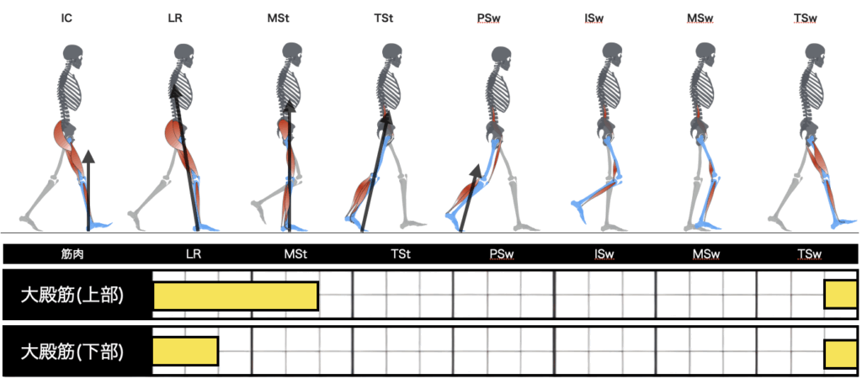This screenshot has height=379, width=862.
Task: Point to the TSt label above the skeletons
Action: (x=390, y=16)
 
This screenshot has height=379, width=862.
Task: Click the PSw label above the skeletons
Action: (x=498, y=16)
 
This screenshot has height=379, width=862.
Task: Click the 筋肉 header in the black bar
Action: (x=74, y=253)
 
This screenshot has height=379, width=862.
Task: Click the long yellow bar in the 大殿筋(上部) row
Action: (x=236, y=296)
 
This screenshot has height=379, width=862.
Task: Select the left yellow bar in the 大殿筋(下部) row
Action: (x=185, y=351)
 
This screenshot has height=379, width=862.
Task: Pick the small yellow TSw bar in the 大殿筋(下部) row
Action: (x=840, y=354)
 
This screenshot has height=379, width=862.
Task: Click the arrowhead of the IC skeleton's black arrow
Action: (x=88, y=155)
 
